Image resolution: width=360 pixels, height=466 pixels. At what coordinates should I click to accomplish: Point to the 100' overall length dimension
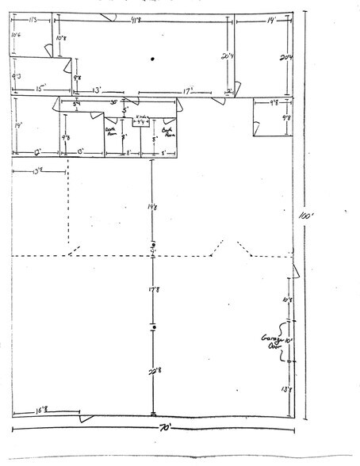coord(317,215)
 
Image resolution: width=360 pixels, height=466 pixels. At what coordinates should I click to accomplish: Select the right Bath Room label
coord(167,131)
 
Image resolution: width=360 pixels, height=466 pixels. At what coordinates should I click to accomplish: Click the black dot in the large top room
coord(148,61)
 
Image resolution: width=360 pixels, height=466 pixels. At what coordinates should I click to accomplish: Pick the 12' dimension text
coord(37,151)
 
